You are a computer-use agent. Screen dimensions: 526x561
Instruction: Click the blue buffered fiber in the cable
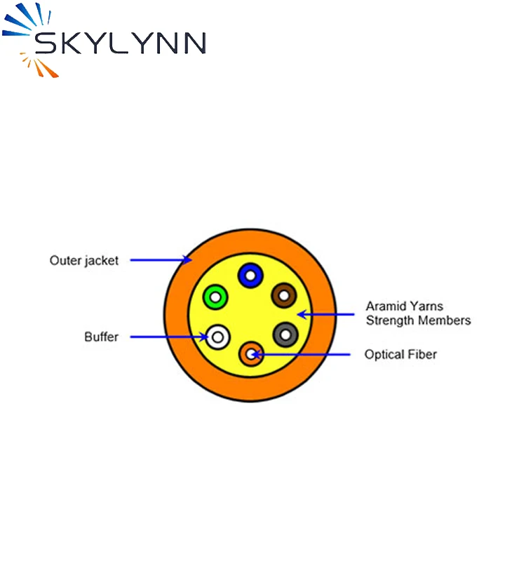(x=249, y=276)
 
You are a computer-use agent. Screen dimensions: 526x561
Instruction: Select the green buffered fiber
(x=215, y=298)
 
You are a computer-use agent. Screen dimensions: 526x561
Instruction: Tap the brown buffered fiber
(x=283, y=296)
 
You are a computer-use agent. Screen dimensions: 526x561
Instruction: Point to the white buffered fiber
(x=218, y=338)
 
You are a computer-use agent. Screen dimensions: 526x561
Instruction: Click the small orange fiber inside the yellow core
(x=250, y=354)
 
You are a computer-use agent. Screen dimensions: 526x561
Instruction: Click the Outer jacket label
(x=84, y=260)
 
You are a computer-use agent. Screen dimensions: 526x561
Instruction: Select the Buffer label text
(x=102, y=337)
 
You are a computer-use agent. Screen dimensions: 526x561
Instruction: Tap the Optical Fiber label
(x=400, y=354)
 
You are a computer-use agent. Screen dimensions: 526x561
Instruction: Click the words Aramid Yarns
(x=404, y=306)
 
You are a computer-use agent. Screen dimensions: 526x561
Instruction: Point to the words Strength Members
(x=418, y=320)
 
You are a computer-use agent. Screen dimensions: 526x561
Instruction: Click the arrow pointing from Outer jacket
(x=161, y=260)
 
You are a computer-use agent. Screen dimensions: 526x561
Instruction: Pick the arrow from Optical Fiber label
(x=302, y=354)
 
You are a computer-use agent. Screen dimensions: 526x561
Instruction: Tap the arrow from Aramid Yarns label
(x=326, y=314)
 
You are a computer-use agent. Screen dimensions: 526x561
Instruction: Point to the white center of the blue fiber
(x=249, y=276)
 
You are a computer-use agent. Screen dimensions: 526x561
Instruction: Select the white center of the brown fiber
(x=283, y=296)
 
